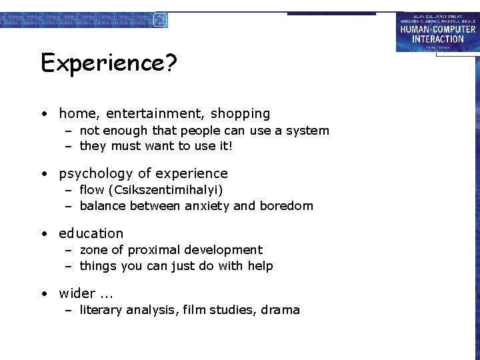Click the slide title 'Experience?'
point(109,63)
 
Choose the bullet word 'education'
point(91,233)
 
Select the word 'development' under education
point(225,250)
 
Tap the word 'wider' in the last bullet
point(77,293)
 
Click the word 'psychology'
point(96,174)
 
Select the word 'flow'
point(92,190)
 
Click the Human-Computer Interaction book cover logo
point(437,31)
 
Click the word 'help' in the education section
point(260,266)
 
